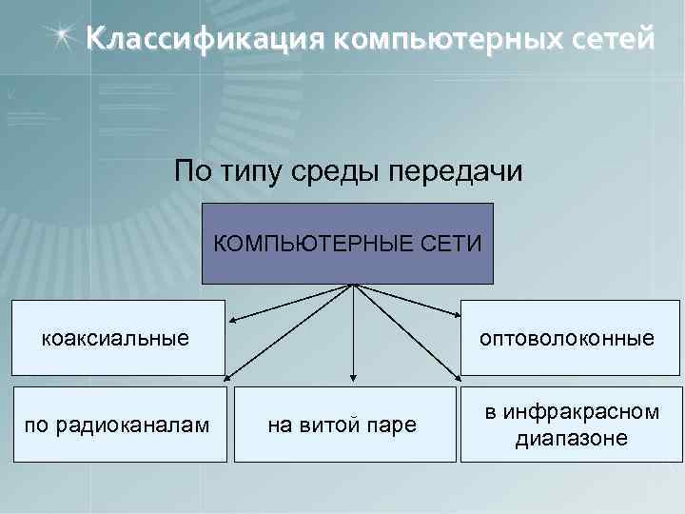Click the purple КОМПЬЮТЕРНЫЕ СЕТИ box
(x=348, y=244)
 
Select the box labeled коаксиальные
(x=118, y=338)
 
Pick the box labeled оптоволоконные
(x=571, y=338)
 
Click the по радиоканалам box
(x=118, y=425)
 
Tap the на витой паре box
(x=342, y=425)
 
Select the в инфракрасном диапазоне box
(x=571, y=425)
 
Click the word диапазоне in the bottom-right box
(x=571, y=439)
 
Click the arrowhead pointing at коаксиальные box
(x=232, y=320)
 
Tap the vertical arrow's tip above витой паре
(x=354, y=380)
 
